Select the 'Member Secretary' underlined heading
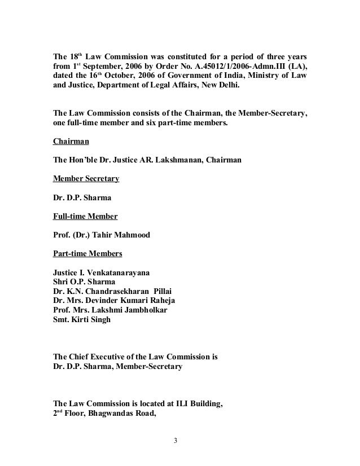click(85, 179)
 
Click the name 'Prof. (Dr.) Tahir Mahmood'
click(102, 235)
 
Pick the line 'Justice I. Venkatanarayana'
click(102, 272)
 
